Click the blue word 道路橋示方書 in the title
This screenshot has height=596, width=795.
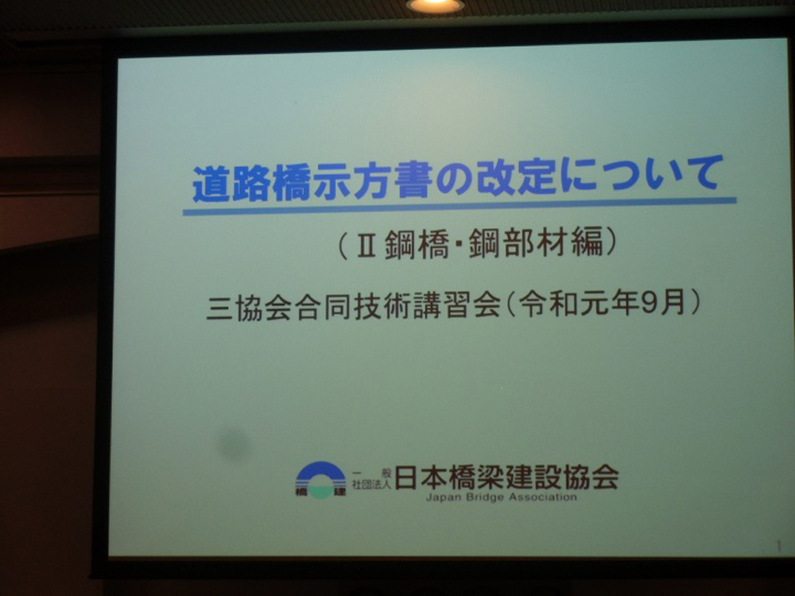point(312,183)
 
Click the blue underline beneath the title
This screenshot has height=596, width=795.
point(460,207)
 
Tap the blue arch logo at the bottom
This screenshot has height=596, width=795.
point(321,479)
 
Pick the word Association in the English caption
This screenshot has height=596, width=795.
point(542,497)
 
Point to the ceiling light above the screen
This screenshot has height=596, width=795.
point(435,5)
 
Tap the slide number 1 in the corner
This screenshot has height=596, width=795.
point(779,546)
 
